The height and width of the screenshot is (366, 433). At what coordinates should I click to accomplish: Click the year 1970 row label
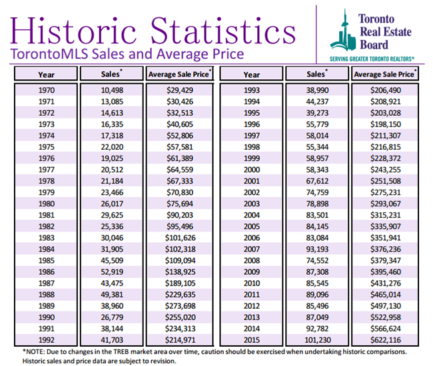(x=47, y=91)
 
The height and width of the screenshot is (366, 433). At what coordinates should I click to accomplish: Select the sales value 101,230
(x=318, y=340)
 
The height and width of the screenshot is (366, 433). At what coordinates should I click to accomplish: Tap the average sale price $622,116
(x=386, y=340)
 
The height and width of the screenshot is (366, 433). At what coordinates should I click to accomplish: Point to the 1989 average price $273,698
(x=180, y=306)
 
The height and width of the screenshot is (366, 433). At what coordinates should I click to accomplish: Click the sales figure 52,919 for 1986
(x=112, y=272)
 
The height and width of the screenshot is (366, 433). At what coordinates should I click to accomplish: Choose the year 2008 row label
(x=252, y=260)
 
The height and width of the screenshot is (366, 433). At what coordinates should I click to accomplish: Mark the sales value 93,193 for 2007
(x=317, y=249)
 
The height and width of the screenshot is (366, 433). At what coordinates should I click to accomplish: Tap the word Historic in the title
(x=73, y=31)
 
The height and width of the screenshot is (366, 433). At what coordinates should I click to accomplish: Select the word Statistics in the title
(x=223, y=31)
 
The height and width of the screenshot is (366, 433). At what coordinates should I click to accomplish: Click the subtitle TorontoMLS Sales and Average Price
(x=127, y=54)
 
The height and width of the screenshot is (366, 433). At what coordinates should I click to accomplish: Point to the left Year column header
(x=47, y=75)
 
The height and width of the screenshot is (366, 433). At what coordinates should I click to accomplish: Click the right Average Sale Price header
(x=385, y=74)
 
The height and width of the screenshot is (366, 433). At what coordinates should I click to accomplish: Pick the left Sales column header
(x=111, y=74)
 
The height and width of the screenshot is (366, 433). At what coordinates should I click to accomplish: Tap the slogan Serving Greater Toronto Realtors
(x=372, y=59)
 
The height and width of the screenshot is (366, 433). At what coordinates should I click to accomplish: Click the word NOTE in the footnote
(x=35, y=352)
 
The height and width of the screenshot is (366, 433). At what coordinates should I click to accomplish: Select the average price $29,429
(x=180, y=91)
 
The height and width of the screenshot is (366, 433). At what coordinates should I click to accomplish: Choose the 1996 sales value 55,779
(x=317, y=124)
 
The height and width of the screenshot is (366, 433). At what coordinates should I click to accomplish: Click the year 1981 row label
(x=47, y=215)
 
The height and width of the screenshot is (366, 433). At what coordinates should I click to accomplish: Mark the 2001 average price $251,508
(x=386, y=181)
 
